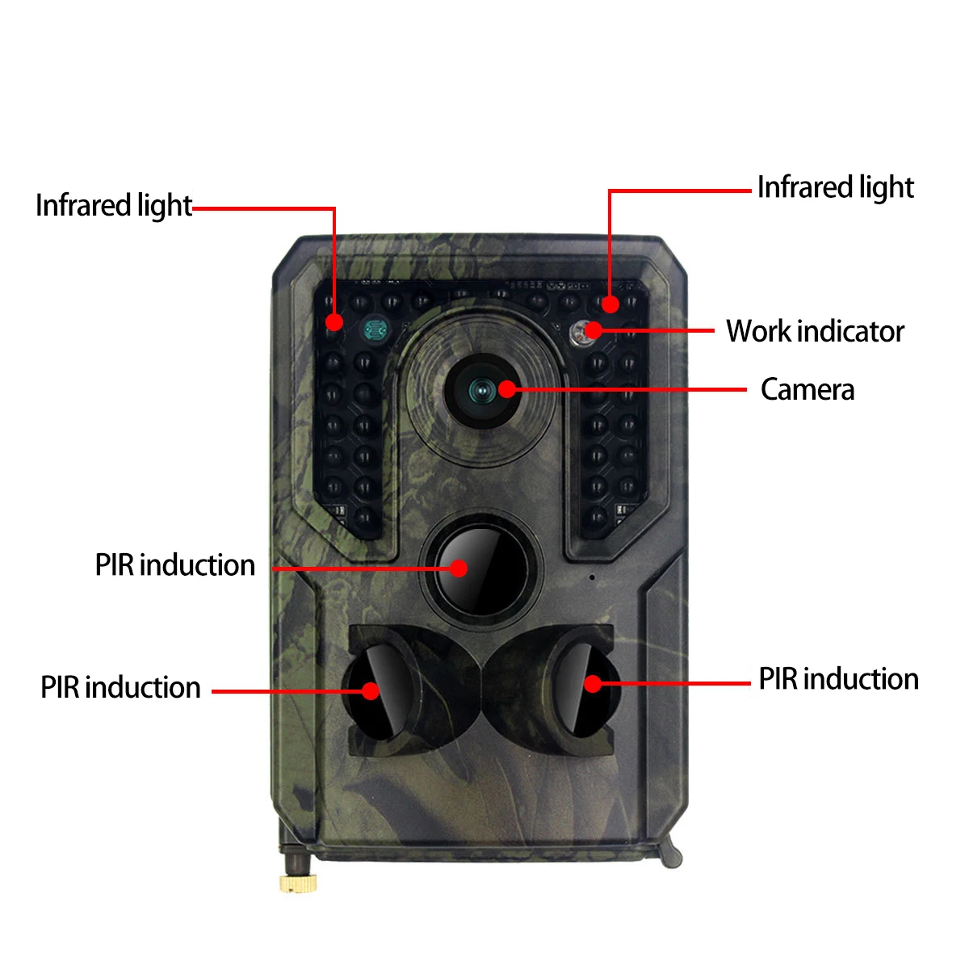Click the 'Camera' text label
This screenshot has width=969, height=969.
point(807,390)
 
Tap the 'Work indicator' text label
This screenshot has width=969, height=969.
point(815,331)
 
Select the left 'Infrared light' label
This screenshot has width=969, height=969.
point(113,206)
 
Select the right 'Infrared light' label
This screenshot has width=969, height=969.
point(835,187)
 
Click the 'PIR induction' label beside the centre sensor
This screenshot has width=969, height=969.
point(174,565)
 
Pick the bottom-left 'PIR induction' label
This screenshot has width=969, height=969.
point(120,688)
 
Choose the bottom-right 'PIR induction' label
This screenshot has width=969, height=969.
point(838,679)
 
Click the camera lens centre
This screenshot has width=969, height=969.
point(482,392)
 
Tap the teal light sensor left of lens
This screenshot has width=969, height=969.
point(374,329)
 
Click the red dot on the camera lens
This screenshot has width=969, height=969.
point(506,389)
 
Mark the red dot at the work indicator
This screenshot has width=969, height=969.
point(594,329)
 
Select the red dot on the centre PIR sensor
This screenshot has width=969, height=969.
point(459,567)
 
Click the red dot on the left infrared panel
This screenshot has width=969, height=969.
point(333,322)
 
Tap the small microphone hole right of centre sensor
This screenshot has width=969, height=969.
point(592,577)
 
